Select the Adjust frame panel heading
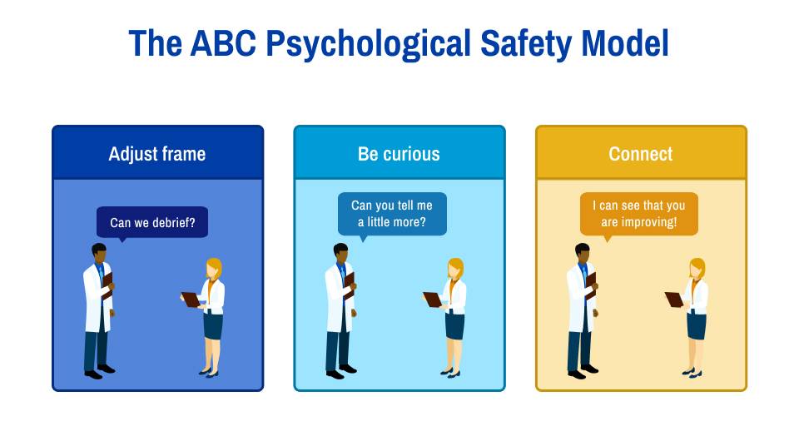pyautogui.click(x=157, y=154)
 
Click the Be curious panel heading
pyautogui.click(x=399, y=154)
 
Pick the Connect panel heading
pyautogui.click(x=640, y=154)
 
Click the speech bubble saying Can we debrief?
pyautogui.click(x=152, y=222)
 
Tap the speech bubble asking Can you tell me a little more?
pyautogui.click(x=392, y=214)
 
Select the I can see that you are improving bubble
pyautogui.click(x=638, y=214)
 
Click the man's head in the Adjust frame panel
pyautogui.click(x=99, y=251)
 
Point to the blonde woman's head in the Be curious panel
pyautogui.click(x=454, y=269)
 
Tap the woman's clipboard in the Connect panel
pyautogui.click(x=675, y=300)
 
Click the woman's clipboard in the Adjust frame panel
pyautogui.click(x=192, y=300)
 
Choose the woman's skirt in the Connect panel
pyautogui.click(x=696, y=326)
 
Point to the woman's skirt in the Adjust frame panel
pyautogui.click(x=213, y=326)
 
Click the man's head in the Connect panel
pyautogui.click(x=582, y=251)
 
